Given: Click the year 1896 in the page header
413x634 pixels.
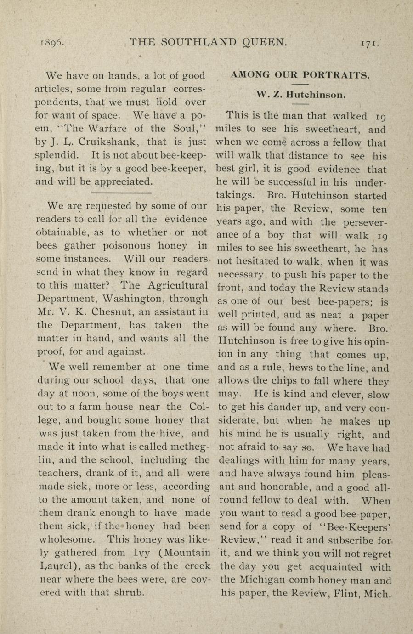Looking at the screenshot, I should pos(51,43).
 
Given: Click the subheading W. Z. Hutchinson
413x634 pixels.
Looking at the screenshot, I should pos(302,95).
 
